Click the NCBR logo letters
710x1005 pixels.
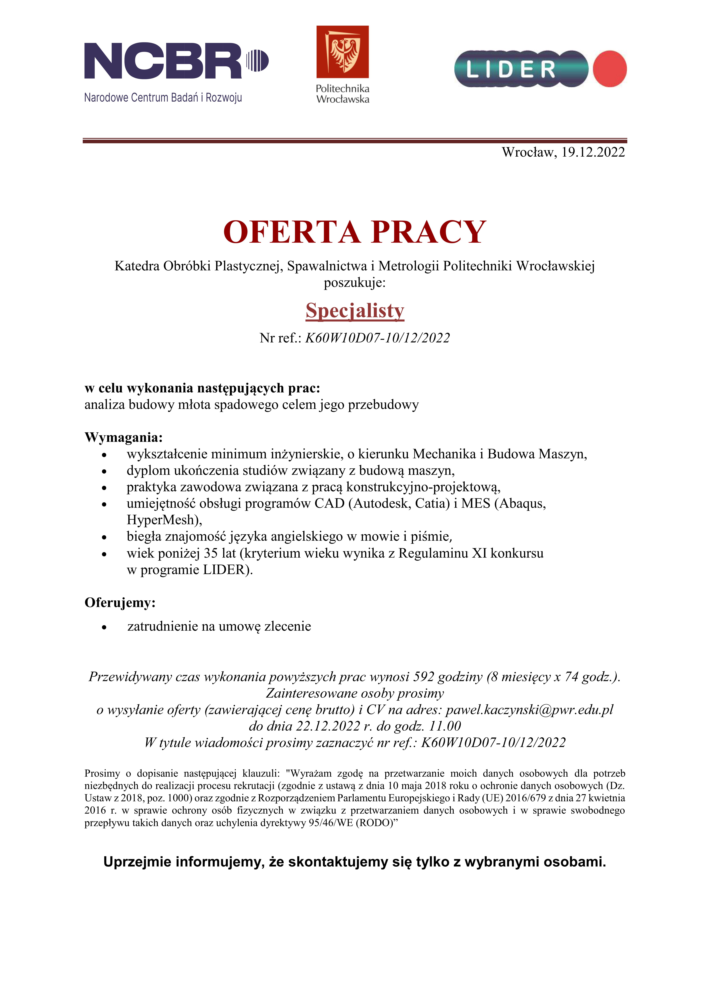tap(163, 61)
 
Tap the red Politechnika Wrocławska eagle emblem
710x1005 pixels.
tap(342, 52)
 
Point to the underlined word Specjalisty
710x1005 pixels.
tap(355, 311)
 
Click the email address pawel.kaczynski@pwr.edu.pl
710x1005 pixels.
tap(529, 709)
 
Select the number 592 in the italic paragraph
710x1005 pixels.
tap(423, 677)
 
